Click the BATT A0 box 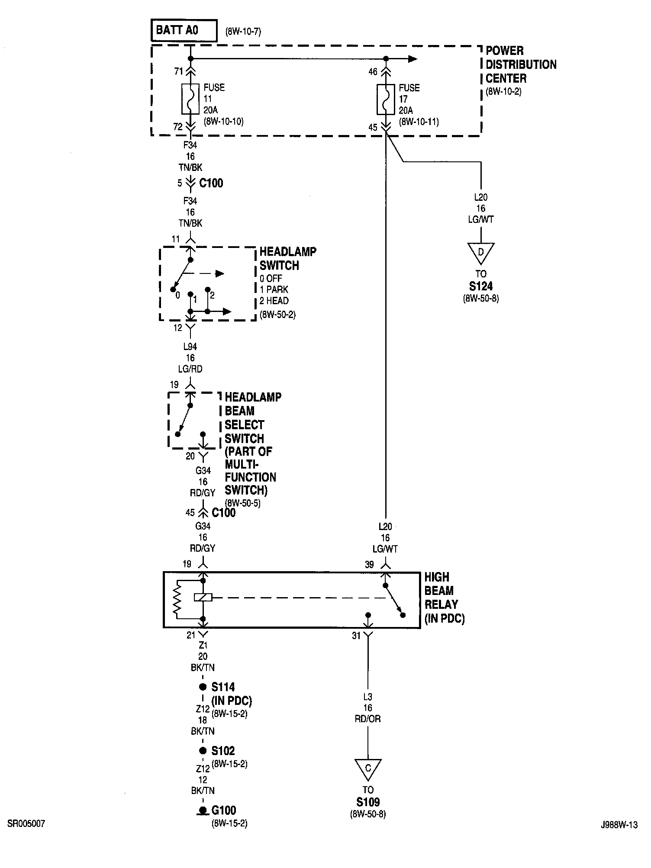tap(184, 30)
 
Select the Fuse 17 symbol tap(385, 99)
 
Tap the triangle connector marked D tap(480, 253)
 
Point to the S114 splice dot tap(203, 687)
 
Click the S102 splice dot tap(203, 751)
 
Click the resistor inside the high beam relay tap(177, 600)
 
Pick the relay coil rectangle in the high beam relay tap(203, 598)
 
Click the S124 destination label tap(480, 286)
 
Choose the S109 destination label tap(368, 802)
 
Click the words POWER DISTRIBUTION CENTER tap(521, 64)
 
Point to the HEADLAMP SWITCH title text tap(288, 258)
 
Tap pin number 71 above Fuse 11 tap(179, 71)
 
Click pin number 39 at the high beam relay tap(369, 565)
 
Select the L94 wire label tap(190, 347)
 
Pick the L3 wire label tap(367, 697)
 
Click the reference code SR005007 tap(26, 824)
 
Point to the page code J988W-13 tap(619, 825)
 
